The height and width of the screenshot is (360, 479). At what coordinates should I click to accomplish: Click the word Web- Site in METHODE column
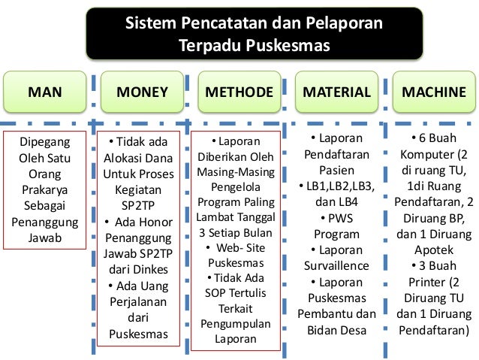pos(239,248)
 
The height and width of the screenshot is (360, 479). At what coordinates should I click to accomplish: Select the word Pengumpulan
pos(235,324)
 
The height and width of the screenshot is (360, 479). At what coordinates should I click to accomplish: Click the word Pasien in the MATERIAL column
pos(336,170)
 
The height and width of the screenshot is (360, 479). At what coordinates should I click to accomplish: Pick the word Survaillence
pos(336,265)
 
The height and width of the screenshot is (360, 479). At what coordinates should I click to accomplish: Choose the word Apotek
pos(434,250)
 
